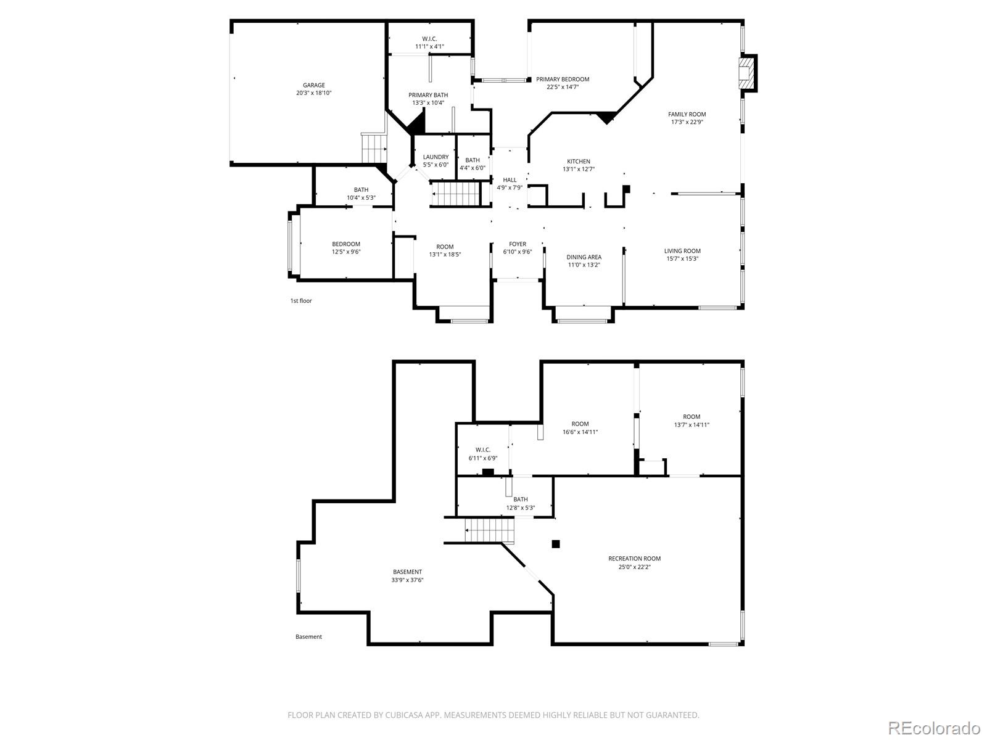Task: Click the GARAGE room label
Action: tap(313, 85)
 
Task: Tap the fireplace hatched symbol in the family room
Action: tap(747, 73)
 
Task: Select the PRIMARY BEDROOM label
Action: tap(563, 79)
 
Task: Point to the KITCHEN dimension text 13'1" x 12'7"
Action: tap(579, 170)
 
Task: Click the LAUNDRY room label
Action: tap(436, 157)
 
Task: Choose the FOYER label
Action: tap(518, 244)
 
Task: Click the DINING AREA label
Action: tap(584, 257)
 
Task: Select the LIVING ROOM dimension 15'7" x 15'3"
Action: tap(682, 259)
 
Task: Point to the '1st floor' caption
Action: tap(301, 300)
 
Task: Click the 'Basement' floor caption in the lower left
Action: tap(308, 636)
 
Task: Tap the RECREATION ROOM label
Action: tap(635, 559)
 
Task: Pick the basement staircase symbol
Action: tap(489, 530)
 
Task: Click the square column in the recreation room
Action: tap(556, 544)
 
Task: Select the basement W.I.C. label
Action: tap(483, 450)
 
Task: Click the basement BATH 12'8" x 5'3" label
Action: tap(520, 504)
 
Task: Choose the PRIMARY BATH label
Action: tap(428, 95)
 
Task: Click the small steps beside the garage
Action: tap(374, 148)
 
